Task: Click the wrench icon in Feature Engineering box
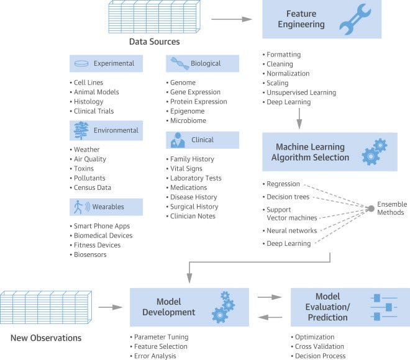point(355,19)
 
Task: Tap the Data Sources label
point(154,42)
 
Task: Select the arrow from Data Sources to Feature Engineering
point(232,19)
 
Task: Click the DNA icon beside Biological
point(180,63)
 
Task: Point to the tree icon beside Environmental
point(81,130)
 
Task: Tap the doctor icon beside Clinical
point(178,140)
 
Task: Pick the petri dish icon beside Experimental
point(81,63)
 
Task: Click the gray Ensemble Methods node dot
point(371,209)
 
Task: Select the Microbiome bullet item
point(186,120)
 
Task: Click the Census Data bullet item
point(91,187)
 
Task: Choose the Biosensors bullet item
point(88,254)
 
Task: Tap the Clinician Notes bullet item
point(191,216)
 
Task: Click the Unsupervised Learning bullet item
point(299,92)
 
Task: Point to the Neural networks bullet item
point(289,231)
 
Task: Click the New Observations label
point(46,338)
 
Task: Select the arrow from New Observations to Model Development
point(111,307)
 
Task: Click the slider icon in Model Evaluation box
point(384,307)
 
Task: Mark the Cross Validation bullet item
point(317,346)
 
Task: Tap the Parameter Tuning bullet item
point(159,337)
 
